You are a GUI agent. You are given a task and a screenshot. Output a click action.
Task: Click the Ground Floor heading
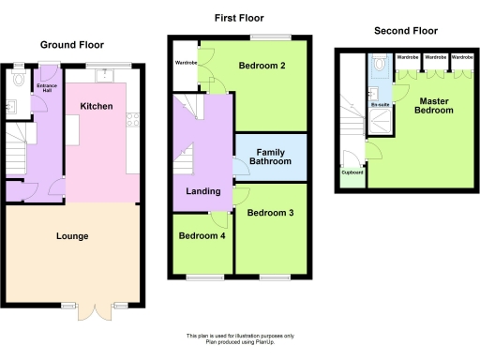click(x=71, y=44)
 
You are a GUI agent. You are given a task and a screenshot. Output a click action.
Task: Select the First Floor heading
click(x=238, y=18)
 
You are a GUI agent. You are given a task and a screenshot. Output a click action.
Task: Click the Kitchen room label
click(x=97, y=107)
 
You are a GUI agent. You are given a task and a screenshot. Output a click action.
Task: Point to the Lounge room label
click(x=71, y=236)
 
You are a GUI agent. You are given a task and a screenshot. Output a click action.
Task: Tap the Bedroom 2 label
click(x=262, y=66)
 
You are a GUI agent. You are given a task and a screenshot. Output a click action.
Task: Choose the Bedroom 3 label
click(x=270, y=214)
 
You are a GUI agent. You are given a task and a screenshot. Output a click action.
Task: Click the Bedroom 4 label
click(x=201, y=235)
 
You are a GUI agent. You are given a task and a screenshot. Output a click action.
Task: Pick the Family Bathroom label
click(x=269, y=157)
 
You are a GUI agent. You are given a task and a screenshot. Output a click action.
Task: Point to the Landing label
click(x=203, y=191)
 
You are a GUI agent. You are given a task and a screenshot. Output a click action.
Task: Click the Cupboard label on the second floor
click(x=352, y=172)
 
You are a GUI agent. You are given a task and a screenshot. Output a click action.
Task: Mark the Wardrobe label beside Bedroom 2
click(x=185, y=64)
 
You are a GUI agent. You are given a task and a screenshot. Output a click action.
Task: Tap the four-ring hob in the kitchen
click(x=132, y=120)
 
